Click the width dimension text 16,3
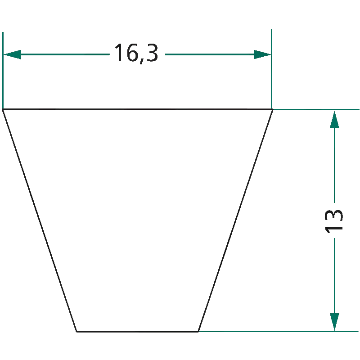point(136,53)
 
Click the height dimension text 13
point(334,221)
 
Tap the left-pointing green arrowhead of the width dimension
point(13,54)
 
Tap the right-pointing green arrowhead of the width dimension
point(262,54)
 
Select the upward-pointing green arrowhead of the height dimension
point(334,119)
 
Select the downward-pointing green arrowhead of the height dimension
point(334,322)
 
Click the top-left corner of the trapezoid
point(3,109)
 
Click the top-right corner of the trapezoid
point(273,109)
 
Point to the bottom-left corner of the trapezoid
point(76,332)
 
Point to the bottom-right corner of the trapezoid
point(198,332)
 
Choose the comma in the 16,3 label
point(142,61)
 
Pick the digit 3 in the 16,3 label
point(152,53)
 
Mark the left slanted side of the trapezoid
point(40,220)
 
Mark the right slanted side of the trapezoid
point(235,220)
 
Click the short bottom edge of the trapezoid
point(137,332)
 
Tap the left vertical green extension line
point(3,70)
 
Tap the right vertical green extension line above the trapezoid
point(272,69)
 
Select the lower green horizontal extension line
point(279,331)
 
